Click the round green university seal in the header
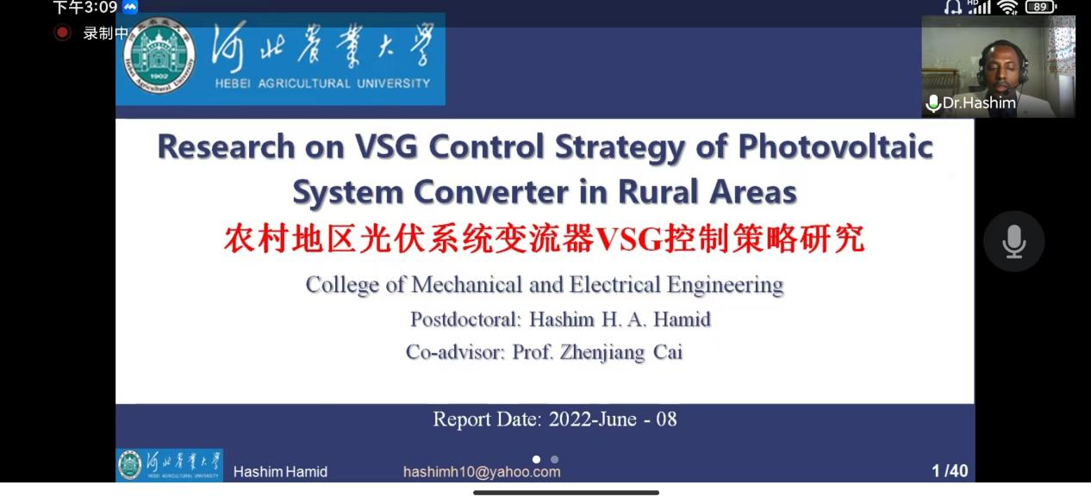(159, 56)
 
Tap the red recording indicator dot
(62, 33)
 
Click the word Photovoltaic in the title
(835, 146)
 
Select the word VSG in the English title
(386, 146)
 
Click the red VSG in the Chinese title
(629, 239)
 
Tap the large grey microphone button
(1013, 241)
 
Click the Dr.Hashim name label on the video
(979, 102)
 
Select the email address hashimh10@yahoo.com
(482, 471)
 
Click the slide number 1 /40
(950, 470)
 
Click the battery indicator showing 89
(1041, 7)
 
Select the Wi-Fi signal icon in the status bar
(1007, 7)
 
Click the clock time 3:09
(99, 7)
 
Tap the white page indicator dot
(536, 459)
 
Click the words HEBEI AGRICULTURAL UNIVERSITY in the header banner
(322, 84)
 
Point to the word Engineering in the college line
(726, 284)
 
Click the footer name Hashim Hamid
(280, 471)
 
